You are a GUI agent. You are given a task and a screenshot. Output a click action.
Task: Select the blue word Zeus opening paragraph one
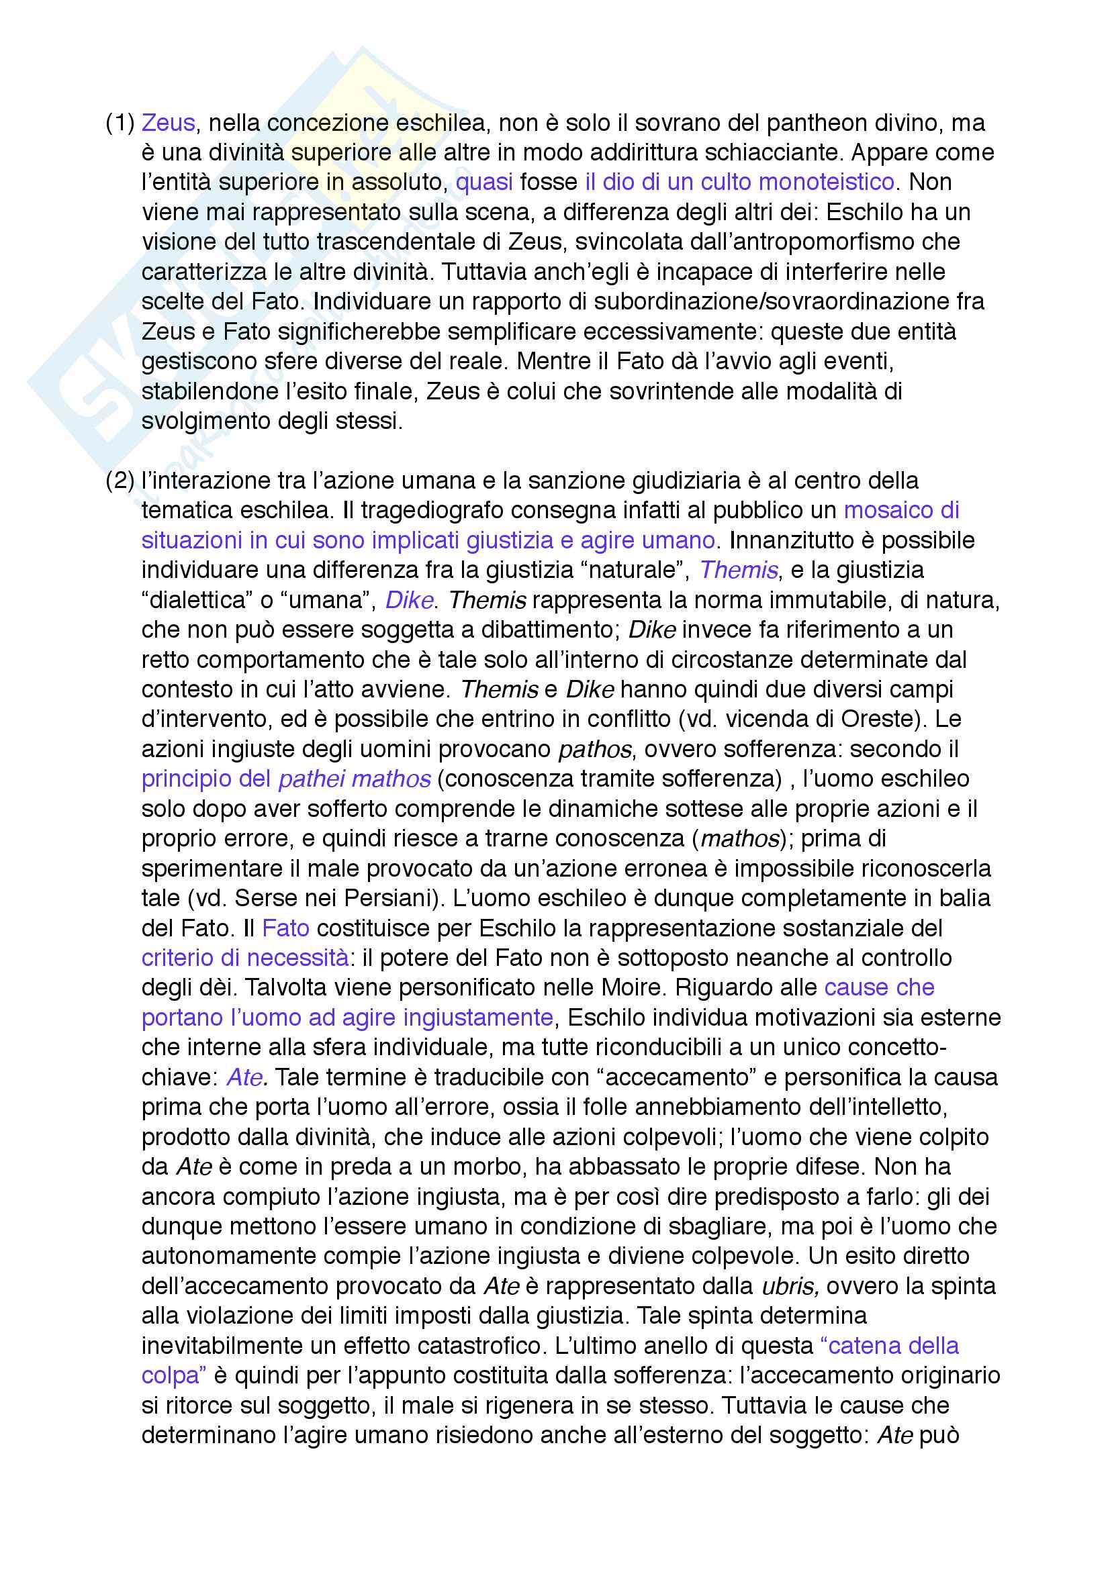[x=169, y=123]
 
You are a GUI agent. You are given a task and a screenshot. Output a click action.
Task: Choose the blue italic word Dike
[x=409, y=600]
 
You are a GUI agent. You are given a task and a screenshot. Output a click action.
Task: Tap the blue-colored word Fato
[x=285, y=928]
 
